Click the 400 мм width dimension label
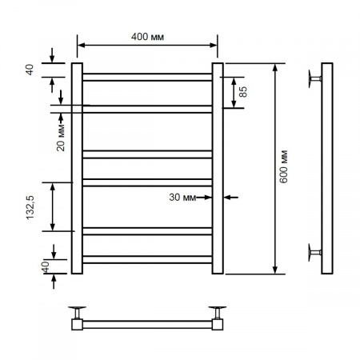pos(147,37)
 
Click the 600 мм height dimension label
pos(284,166)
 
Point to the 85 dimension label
pos(243,92)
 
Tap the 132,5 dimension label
pos(30,207)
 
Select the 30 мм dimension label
pos(182,198)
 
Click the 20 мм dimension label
pos(61,138)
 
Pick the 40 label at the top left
pos(30,70)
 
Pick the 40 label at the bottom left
pos(46,267)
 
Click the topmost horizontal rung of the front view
pos(147,77)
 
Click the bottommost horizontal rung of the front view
pos(147,259)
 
